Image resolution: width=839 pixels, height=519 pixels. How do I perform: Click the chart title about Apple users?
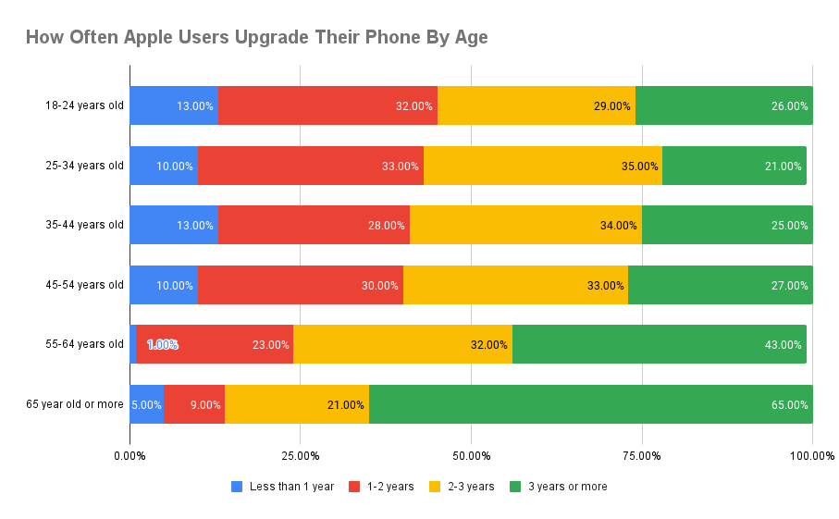[x=256, y=38]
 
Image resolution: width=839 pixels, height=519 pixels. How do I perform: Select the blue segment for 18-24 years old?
[x=173, y=105]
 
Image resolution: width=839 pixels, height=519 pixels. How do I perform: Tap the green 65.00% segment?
[x=590, y=404]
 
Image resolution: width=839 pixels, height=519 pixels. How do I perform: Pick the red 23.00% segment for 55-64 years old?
[x=215, y=344]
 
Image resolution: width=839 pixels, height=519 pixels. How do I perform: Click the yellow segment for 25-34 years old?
[x=542, y=166]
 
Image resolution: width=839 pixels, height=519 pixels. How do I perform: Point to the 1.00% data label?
[x=162, y=344]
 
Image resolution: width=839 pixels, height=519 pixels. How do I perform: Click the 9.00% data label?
[x=204, y=404]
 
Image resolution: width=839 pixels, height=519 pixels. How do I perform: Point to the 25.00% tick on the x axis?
[x=301, y=455]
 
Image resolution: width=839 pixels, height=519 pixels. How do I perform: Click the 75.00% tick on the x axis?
[x=642, y=455]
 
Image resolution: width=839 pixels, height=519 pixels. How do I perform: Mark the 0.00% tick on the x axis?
[x=130, y=455]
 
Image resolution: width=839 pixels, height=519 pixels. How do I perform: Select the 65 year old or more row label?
[x=75, y=404]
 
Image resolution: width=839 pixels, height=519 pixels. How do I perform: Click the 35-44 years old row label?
[x=83, y=225]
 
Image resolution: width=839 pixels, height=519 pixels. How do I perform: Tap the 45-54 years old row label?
[x=83, y=285]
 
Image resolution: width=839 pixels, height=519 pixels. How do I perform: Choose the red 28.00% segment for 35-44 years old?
[x=314, y=225]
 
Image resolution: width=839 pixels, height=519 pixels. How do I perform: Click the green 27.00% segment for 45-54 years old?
[x=720, y=285]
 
